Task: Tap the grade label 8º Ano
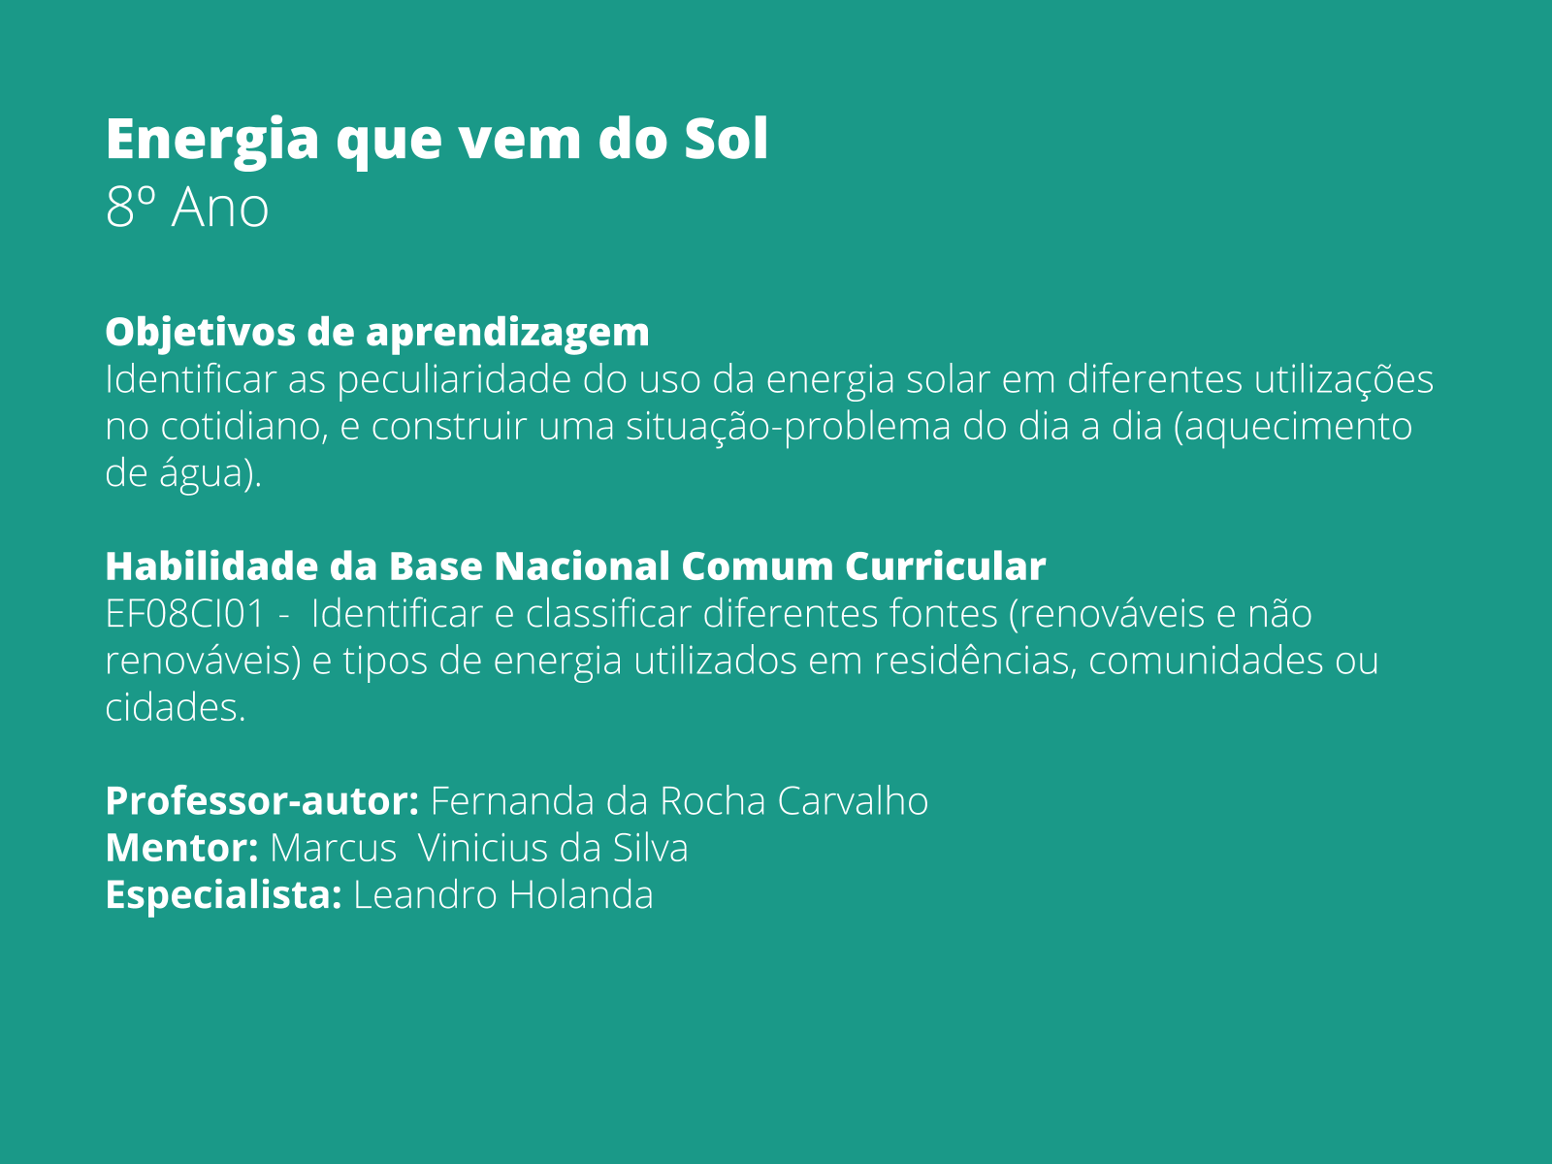pos(187,208)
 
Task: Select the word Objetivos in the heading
pos(199,332)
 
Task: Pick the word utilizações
pos(1343,379)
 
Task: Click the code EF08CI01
pos(184,614)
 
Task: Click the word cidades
pos(175,708)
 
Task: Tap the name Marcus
pos(333,849)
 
